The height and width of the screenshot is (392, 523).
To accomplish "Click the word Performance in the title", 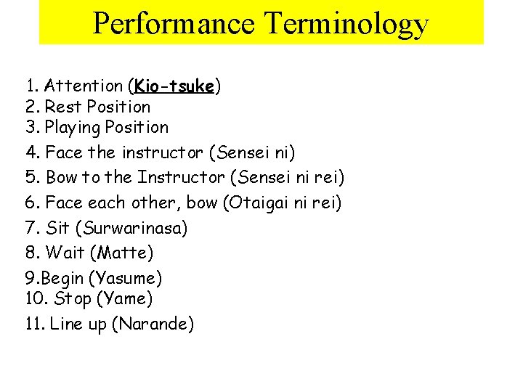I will tap(174, 24).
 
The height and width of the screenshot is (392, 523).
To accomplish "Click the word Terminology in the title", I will tap(346, 24).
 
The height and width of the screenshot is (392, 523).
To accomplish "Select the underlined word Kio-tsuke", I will tap(174, 86).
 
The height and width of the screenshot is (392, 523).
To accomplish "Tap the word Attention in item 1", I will tap(84, 86).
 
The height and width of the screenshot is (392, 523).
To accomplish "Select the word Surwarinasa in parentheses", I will tap(135, 228).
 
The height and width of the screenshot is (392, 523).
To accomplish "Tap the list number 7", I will tap(31, 228).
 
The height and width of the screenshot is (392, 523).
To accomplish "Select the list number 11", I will tap(34, 324).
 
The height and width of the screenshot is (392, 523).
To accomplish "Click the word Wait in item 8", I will tap(62, 253).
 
